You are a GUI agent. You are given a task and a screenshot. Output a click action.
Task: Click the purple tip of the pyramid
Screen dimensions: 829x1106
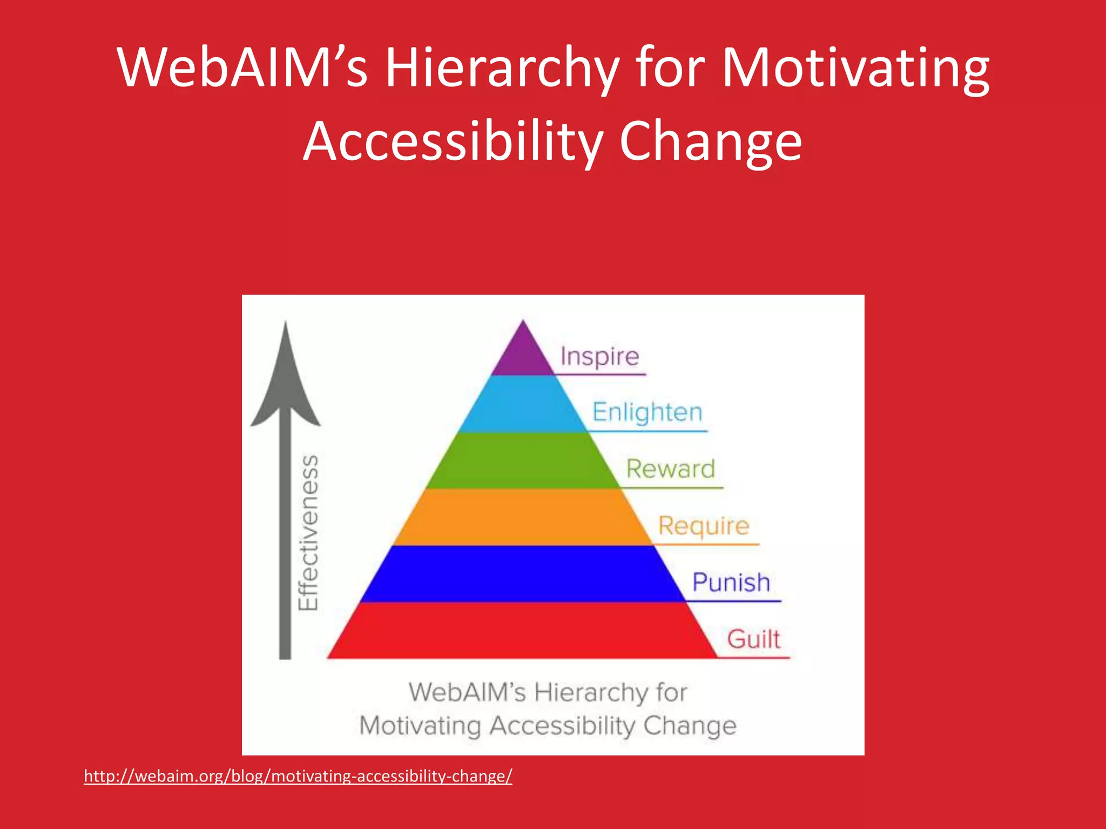[x=523, y=354]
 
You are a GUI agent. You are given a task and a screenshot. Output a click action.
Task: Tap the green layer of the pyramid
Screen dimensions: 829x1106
[x=523, y=460]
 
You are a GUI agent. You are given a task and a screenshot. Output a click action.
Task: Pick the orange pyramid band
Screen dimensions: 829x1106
[x=523, y=517]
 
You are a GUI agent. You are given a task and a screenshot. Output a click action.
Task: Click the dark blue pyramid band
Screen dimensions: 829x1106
[x=523, y=574]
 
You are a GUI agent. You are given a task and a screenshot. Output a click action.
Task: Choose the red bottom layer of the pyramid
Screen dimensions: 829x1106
[x=523, y=630]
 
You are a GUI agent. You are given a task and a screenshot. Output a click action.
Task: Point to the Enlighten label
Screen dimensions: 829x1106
[x=647, y=413]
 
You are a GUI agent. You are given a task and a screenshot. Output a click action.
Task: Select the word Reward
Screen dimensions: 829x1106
[x=670, y=469]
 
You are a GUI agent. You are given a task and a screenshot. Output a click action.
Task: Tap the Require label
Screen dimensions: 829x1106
[x=704, y=526]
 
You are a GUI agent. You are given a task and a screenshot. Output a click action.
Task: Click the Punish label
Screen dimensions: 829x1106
[x=731, y=583]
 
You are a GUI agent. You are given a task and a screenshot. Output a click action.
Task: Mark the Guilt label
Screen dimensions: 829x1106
[x=753, y=640]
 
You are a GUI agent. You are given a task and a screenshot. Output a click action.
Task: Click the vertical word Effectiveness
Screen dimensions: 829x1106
[x=309, y=533]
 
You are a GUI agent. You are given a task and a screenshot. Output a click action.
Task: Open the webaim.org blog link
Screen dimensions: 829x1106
[x=298, y=776]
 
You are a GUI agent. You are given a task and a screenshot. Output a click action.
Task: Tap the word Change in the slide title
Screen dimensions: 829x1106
[x=710, y=142]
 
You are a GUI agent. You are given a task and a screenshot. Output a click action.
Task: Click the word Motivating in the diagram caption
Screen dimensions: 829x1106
[x=420, y=726]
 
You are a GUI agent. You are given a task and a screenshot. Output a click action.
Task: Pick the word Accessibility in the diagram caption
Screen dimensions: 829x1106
[x=563, y=726]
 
